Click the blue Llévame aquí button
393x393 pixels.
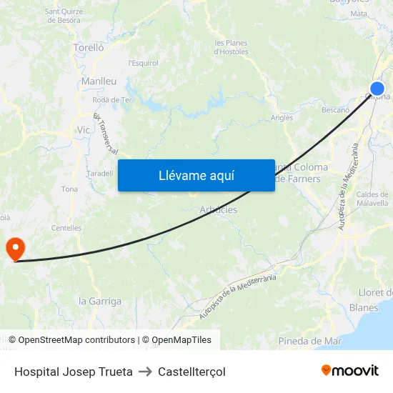click(196, 175)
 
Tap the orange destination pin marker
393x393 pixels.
click(15, 248)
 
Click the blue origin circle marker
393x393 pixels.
click(377, 89)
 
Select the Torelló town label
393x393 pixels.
click(89, 47)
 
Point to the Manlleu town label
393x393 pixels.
click(99, 81)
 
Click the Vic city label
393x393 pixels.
click(84, 131)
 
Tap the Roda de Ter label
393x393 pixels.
click(112, 100)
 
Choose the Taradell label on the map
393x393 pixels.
click(99, 173)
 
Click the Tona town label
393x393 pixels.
click(69, 189)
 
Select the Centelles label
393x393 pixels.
click(66, 228)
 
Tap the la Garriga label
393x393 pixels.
click(100, 301)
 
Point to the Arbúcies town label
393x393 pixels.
click(219, 210)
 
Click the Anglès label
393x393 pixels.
click(282, 118)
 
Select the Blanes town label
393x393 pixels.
click(364, 308)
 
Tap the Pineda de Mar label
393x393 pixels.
click(310, 341)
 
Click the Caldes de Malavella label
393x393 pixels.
click(372, 199)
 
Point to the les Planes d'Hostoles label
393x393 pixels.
click(232, 47)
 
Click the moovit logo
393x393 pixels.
click(349, 371)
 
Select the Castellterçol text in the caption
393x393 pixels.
click(191, 372)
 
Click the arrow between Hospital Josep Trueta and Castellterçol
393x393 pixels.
click(145, 372)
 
